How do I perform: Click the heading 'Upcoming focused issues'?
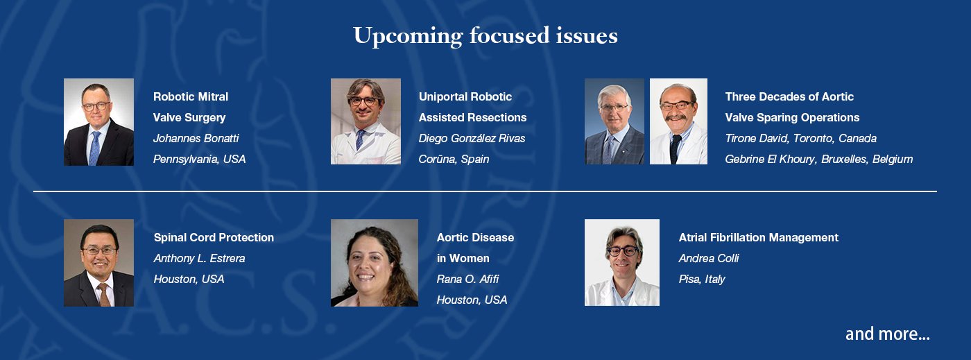[486, 35]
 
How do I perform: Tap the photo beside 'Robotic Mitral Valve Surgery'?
[98, 122]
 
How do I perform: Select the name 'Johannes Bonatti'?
[196, 138]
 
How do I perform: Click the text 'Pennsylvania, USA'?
[200, 159]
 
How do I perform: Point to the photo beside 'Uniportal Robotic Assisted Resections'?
[366, 121]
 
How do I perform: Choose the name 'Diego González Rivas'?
[472, 138]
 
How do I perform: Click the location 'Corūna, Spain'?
[454, 159]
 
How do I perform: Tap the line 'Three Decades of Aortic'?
[789, 96]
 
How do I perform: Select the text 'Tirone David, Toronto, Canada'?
[800, 138]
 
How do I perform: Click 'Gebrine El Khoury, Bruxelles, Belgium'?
[819, 159]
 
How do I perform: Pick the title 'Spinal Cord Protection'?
[214, 238]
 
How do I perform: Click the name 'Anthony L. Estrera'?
[200, 259]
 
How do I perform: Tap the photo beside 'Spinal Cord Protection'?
[98, 263]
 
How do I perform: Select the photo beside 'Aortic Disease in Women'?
[375, 263]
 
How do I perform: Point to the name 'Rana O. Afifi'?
[467, 279]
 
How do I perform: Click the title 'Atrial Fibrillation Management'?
[759, 238]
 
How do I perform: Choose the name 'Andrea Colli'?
[709, 259]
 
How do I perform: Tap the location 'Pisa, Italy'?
[702, 280]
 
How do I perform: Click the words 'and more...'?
[887, 334]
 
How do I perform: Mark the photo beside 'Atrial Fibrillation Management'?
[622, 262]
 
